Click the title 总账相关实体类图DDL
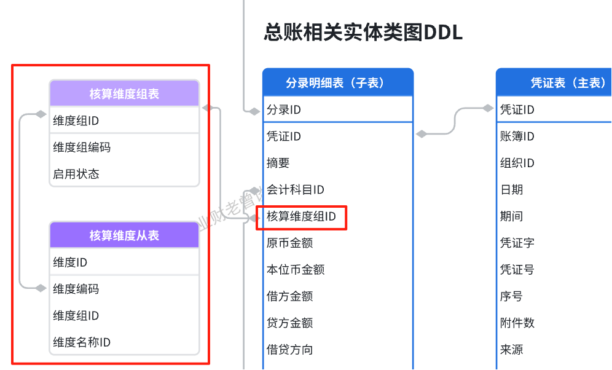[x=363, y=32]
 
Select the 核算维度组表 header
[x=124, y=94]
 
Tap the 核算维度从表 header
[x=124, y=235]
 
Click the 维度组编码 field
[x=82, y=148]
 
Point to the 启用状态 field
[x=76, y=174]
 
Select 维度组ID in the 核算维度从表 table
[x=76, y=316]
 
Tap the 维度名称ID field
[x=82, y=342]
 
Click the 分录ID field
[x=284, y=110]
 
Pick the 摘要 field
[x=278, y=163]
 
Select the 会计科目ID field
[x=296, y=190]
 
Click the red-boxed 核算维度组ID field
[x=302, y=216]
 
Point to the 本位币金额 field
[x=296, y=270]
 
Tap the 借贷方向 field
[x=290, y=350]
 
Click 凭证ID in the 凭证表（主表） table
[x=517, y=110]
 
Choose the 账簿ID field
[x=517, y=136]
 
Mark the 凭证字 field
[x=517, y=243]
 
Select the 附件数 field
[x=517, y=323]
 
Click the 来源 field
[x=512, y=350]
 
